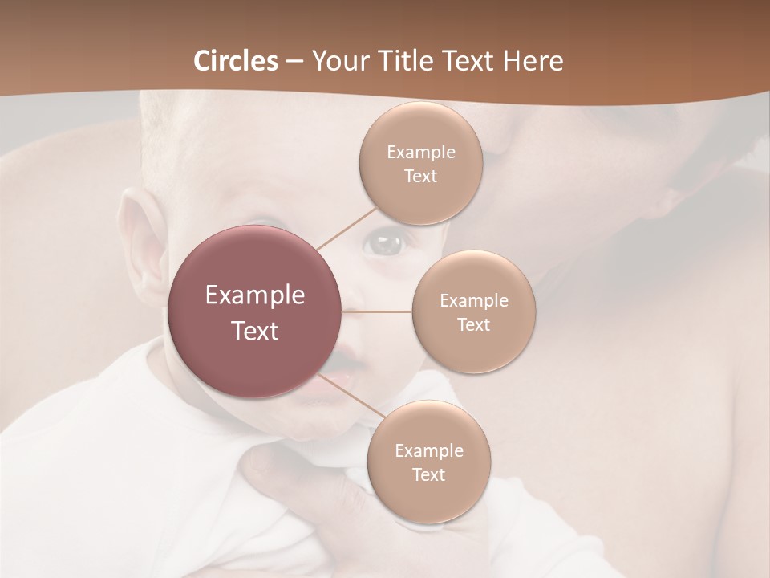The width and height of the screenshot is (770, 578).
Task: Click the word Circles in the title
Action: [235, 61]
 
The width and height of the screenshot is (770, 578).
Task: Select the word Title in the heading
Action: [409, 61]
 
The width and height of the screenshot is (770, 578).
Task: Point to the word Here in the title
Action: [533, 61]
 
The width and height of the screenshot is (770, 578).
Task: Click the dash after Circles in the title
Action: [294, 62]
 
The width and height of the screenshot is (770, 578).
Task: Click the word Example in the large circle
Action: [255, 295]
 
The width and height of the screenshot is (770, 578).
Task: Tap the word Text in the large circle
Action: [255, 331]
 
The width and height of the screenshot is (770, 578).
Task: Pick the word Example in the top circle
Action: [420, 153]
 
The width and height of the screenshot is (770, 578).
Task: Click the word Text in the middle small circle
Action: [473, 325]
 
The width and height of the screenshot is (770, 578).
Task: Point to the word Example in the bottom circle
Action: [428, 451]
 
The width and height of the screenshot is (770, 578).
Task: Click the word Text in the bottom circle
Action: [428, 475]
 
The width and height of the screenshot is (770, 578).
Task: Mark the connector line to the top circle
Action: [346, 228]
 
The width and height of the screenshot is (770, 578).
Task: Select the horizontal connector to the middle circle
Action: [377, 311]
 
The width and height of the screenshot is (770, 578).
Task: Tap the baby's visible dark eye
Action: [387, 242]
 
